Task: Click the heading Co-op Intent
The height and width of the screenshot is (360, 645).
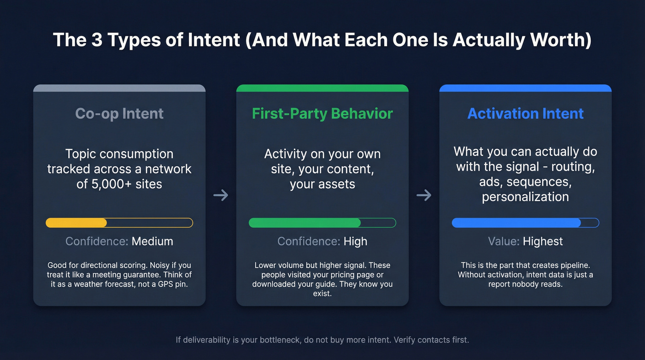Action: point(119,113)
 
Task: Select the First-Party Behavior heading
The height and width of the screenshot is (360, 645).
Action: point(322,113)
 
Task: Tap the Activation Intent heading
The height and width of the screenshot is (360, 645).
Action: point(525,113)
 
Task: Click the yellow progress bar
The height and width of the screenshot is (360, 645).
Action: point(119,223)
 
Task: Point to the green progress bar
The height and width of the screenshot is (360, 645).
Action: point(322,223)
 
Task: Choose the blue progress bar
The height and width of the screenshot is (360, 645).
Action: point(525,223)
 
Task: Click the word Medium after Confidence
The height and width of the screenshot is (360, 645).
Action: point(152,241)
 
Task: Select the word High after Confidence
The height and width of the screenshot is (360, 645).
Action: point(355,241)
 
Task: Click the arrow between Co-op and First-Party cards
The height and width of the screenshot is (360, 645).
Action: point(221,195)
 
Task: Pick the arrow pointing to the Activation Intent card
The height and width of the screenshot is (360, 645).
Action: point(424,195)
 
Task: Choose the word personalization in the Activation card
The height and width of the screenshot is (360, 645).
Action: point(525,197)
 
